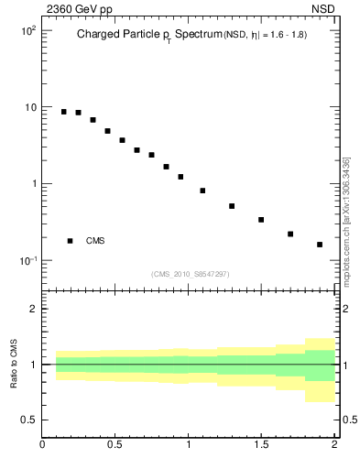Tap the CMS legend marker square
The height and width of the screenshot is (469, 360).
pos(70,241)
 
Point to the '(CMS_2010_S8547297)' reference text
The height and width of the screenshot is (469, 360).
pos(191,274)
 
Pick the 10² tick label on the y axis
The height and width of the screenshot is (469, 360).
pos(27,30)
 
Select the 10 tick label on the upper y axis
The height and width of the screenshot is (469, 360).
pos(30,107)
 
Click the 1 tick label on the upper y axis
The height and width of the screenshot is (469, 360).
pos(33,184)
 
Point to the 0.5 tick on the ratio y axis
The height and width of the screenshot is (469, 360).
pos(27,420)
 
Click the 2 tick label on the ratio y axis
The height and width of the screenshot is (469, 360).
pos(33,310)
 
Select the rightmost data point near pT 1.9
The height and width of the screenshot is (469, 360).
pos(320,245)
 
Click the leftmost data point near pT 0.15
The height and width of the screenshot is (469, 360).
pos(64,112)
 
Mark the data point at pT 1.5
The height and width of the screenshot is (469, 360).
pos(261,220)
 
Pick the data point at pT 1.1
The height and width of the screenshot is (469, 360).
pos(202,191)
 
